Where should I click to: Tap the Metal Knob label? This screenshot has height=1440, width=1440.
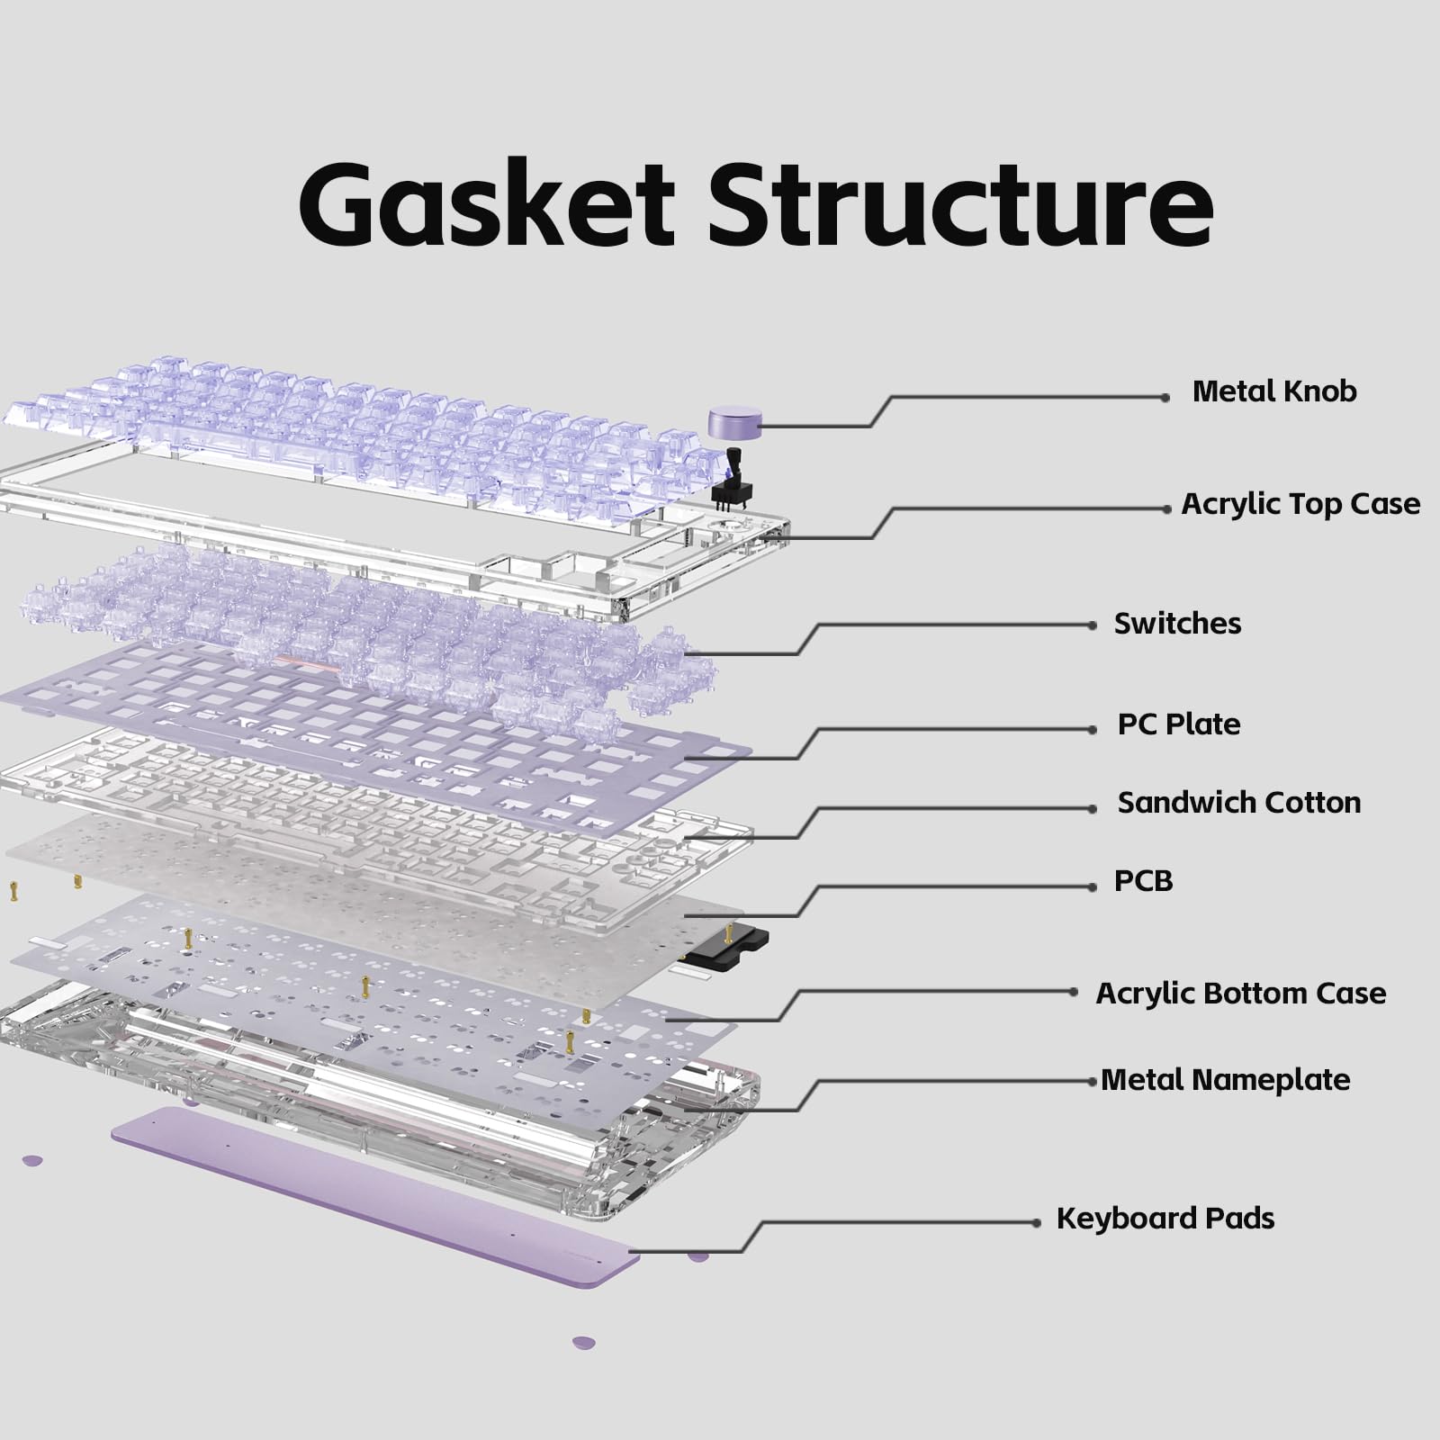click(1274, 391)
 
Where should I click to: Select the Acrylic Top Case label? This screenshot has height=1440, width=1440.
click(1300, 504)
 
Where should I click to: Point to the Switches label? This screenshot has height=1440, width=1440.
click(1177, 623)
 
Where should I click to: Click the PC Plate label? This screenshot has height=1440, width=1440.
click(1179, 724)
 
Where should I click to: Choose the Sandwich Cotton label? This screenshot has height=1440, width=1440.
click(1239, 802)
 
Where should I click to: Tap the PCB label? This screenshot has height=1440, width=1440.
click(1143, 880)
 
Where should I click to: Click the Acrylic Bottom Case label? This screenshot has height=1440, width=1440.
click(1241, 994)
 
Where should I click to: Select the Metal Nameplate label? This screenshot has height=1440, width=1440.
click(1226, 1079)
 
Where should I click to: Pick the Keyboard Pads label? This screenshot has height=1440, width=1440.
click(1165, 1219)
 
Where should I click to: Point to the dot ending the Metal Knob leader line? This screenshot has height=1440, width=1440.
click(1165, 397)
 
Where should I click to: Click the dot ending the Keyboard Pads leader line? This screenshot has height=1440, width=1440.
click(1037, 1222)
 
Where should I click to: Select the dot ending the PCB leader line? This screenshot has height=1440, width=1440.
click(1093, 886)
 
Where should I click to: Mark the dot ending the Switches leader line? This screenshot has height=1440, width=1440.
click(1093, 625)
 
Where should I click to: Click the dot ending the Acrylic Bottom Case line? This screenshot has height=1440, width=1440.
click(1074, 992)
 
